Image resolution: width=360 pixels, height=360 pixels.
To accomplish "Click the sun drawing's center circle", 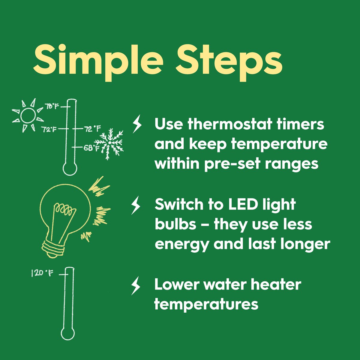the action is [28, 116].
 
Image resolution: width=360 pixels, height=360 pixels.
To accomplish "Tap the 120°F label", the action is [42, 274].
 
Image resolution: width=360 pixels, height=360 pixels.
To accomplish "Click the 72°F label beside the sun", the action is [49, 129].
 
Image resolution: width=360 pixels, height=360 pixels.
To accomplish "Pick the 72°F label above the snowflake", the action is [93, 128].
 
